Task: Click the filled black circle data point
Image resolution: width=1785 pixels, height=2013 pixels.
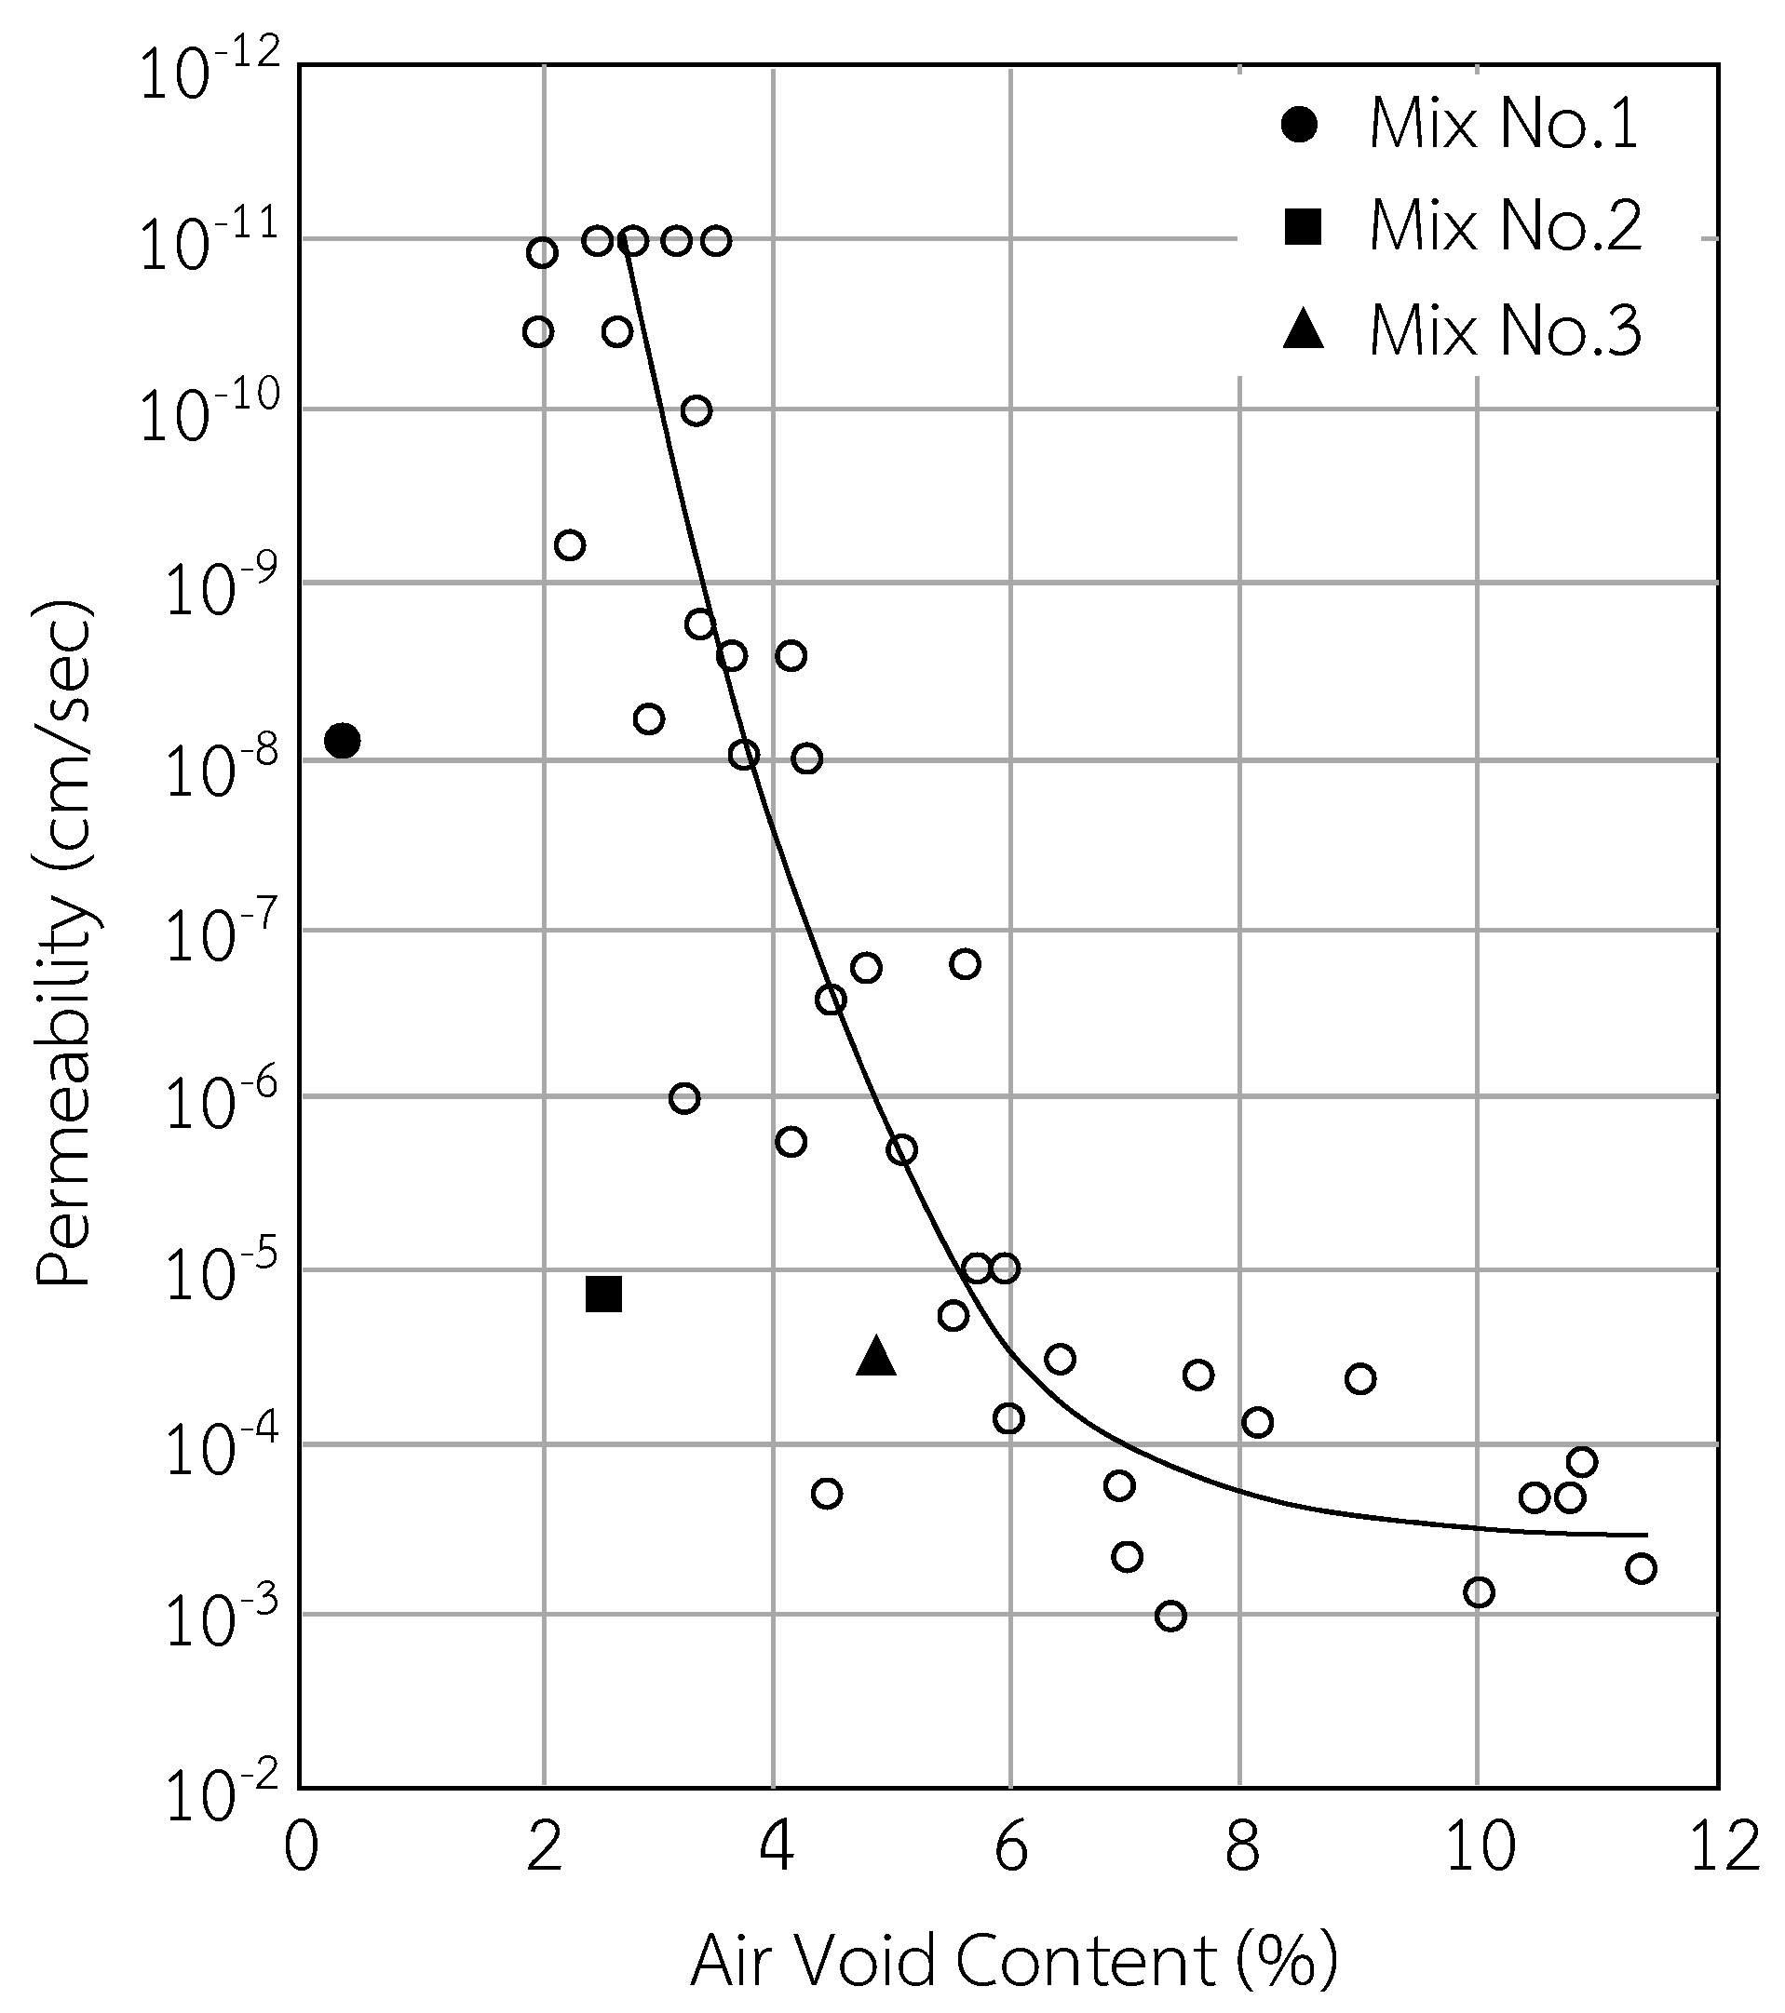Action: [342, 740]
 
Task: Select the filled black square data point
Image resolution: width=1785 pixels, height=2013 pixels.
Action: [602, 1294]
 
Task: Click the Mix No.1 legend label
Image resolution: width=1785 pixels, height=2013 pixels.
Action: [1504, 125]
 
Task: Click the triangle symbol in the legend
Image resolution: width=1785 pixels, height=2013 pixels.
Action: [1304, 330]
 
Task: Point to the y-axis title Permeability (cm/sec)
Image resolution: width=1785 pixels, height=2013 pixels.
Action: [65, 945]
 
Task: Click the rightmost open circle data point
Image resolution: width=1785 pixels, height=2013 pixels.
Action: [1640, 1568]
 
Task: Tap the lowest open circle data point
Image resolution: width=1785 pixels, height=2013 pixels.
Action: [1170, 1617]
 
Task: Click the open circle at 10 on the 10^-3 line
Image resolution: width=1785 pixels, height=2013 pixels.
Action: [1479, 1592]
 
